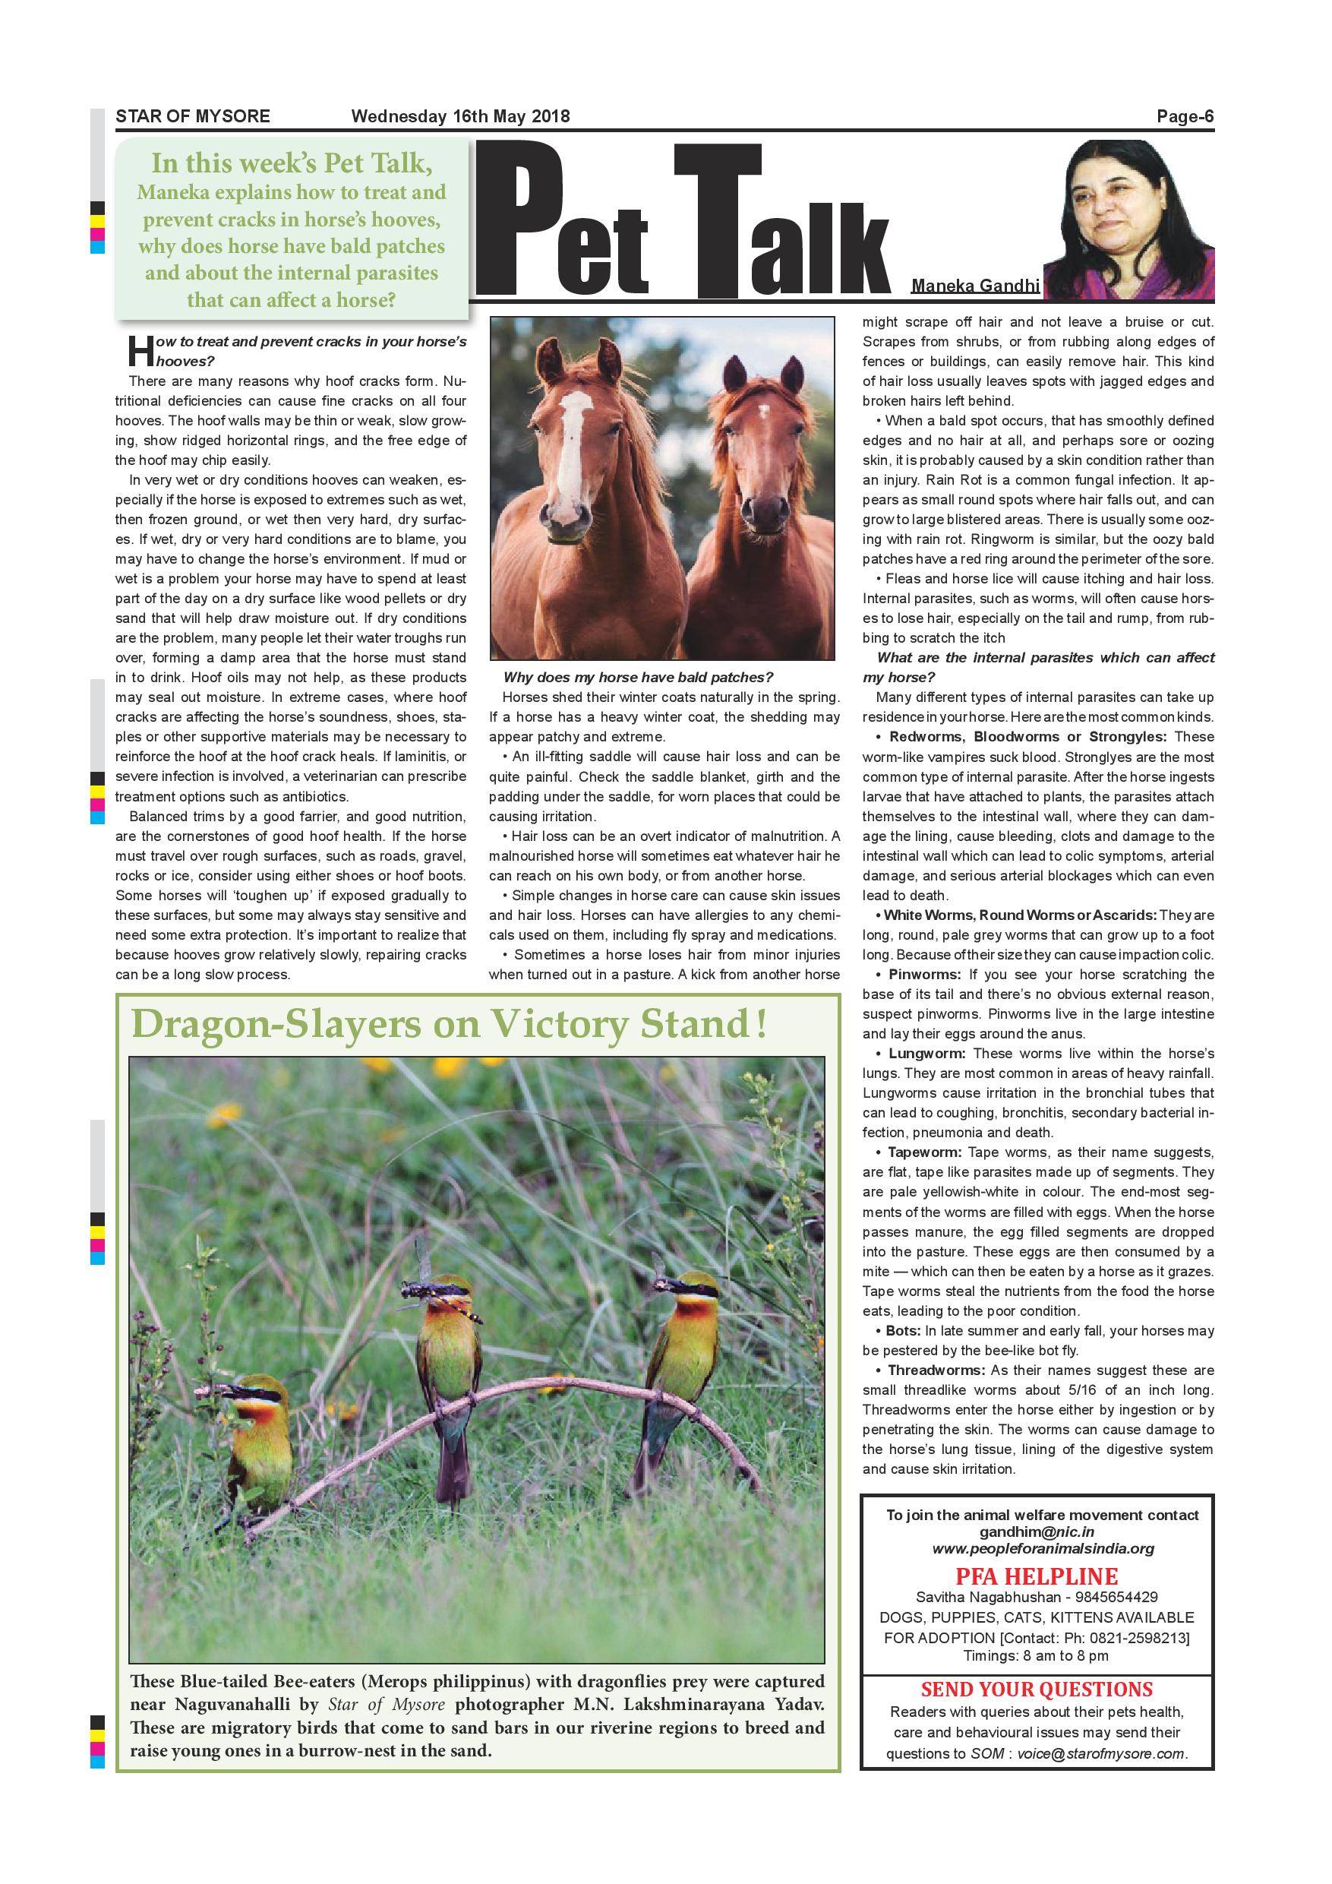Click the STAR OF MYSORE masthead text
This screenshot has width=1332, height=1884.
pos(193,116)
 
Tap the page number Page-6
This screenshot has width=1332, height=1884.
pos(1185,116)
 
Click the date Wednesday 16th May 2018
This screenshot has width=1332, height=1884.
pos(460,116)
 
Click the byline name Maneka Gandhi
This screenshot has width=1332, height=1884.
pos(974,286)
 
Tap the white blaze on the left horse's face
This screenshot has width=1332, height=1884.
pos(574,443)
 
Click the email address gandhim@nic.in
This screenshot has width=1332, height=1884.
pos(1037,1532)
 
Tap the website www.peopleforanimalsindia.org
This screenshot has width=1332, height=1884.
pos(1043,1549)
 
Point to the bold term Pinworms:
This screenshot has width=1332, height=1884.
pos(923,975)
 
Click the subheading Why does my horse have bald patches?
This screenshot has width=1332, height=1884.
pos(638,678)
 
